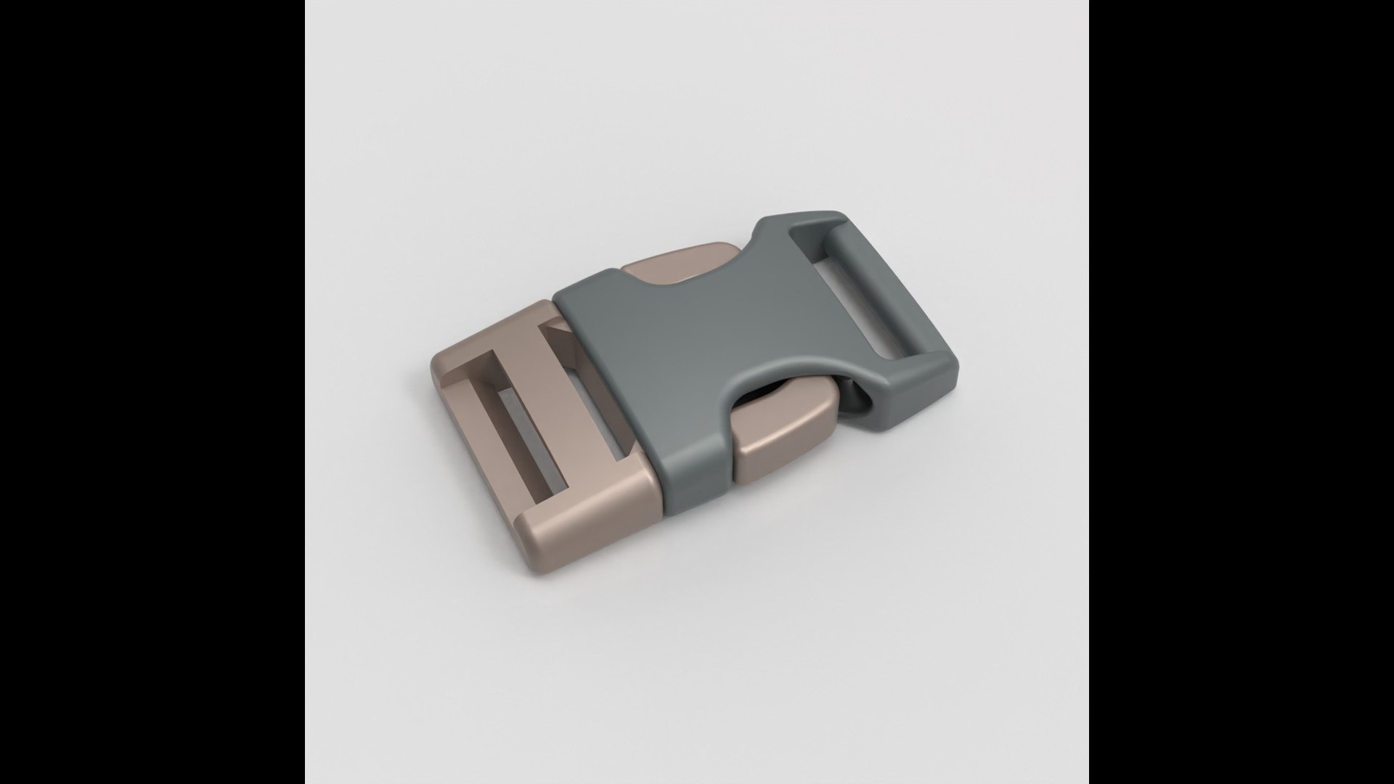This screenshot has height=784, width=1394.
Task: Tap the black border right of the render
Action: coord(1242,392)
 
